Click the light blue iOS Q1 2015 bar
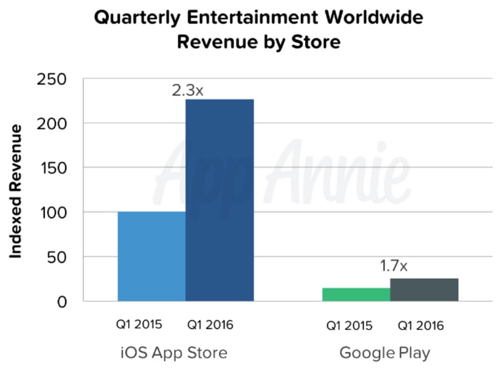click(151, 256)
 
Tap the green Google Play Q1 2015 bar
click(356, 295)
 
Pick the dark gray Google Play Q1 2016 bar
click(424, 290)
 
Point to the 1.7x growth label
click(393, 266)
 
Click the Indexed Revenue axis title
click(17, 192)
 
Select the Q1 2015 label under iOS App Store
click(139, 324)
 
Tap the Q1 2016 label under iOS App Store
click(210, 325)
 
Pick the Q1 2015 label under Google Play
click(349, 326)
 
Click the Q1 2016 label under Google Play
click(421, 326)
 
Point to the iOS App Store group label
click(174, 352)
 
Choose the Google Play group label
click(385, 352)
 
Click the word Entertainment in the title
click(254, 18)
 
